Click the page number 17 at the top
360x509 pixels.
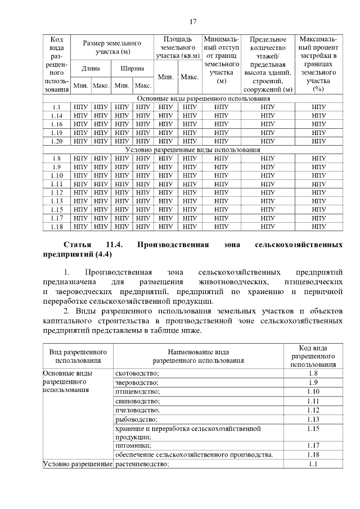[192, 21]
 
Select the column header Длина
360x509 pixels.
[91, 69]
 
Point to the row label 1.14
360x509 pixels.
[56, 115]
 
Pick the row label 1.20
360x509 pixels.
[56, 141]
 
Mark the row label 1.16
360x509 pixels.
[56, 124]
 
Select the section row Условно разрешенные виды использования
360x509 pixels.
[192, 150]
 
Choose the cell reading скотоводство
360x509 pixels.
[137, 373]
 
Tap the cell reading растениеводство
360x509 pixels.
[142, 464]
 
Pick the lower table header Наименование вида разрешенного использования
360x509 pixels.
[198, 354]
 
